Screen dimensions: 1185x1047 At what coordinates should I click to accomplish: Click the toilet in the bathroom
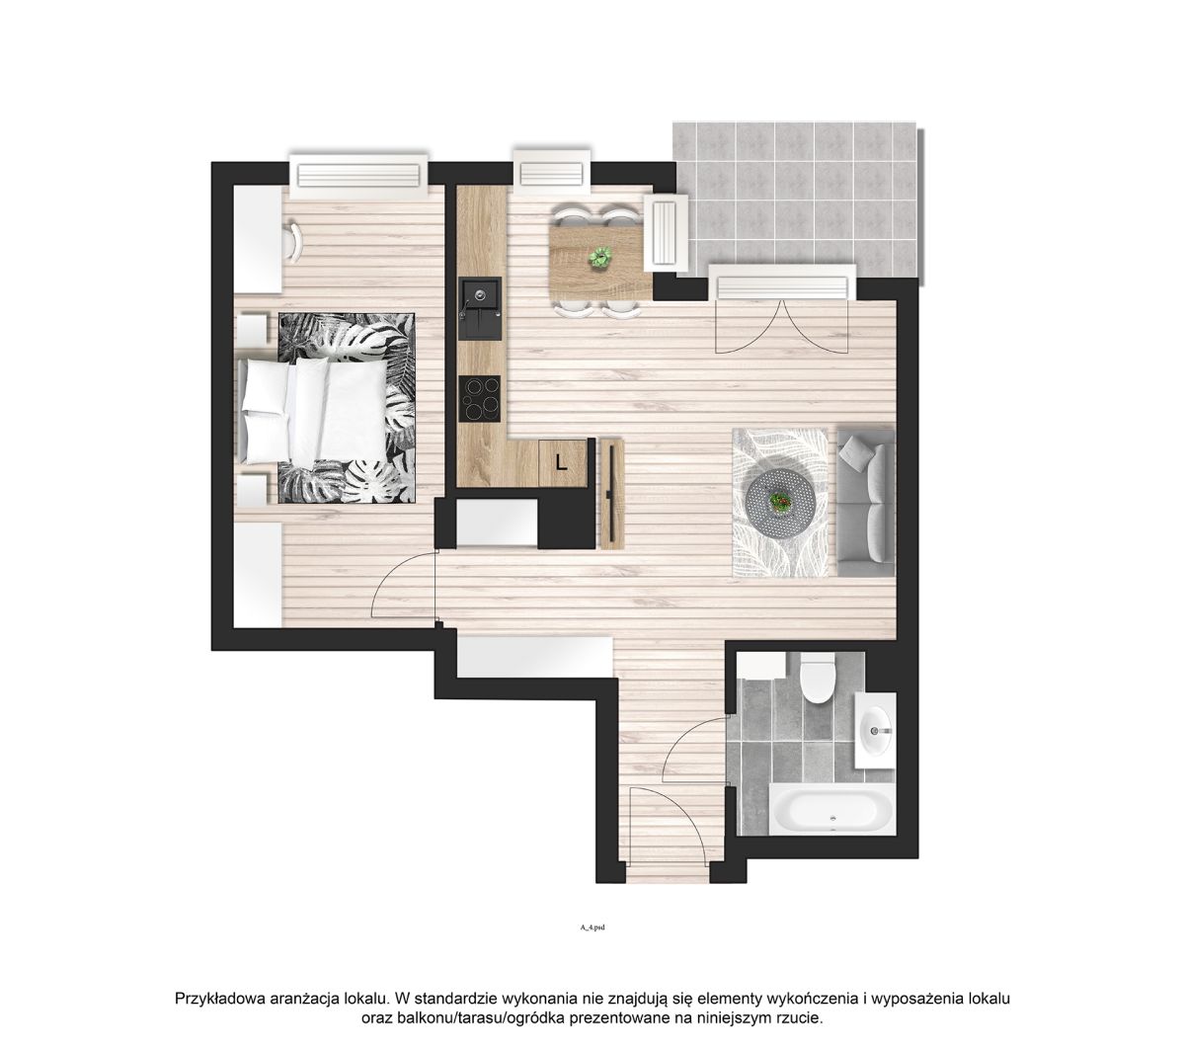pos(817,678)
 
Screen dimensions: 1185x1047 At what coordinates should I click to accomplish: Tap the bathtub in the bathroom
pos(832,810)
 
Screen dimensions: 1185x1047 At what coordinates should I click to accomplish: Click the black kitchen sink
pos(480,308)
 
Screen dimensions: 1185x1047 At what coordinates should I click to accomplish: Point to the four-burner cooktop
pos(480,398)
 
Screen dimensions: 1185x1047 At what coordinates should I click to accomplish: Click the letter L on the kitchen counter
pos(561,463)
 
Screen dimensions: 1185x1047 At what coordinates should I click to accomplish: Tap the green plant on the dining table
pos(599,257)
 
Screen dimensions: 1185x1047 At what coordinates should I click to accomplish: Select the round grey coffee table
pos(780,501)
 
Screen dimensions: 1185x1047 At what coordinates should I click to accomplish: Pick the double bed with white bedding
pos(316,410)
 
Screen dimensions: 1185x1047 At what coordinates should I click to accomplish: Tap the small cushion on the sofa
pos(855,453)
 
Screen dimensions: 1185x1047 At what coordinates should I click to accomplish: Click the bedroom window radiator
pos(358,175)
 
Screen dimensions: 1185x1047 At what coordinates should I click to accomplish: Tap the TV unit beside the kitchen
pos(612,493)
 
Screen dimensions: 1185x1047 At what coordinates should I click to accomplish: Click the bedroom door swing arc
pos(403,583)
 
